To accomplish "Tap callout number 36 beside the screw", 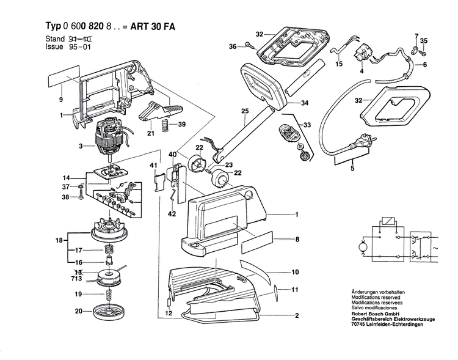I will pyautogui.click(x=233, y=46).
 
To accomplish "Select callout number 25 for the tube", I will pyautogui.click(x=245, y=111).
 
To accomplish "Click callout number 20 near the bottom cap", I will pyautogui.click(x=78, y=311).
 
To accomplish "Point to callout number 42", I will pyautogui.click(x=173, y=214).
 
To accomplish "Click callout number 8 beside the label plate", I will pyautogui.click(x=297, y=240).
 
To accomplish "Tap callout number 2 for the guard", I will pyautogui.click(x=297, y=316).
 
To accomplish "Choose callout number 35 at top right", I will pyautogui.click(x=424, y=41).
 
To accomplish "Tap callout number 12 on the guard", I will pyautogui.click(x=169, y=314).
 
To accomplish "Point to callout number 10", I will pyautogui.click(x=295, y=272).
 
